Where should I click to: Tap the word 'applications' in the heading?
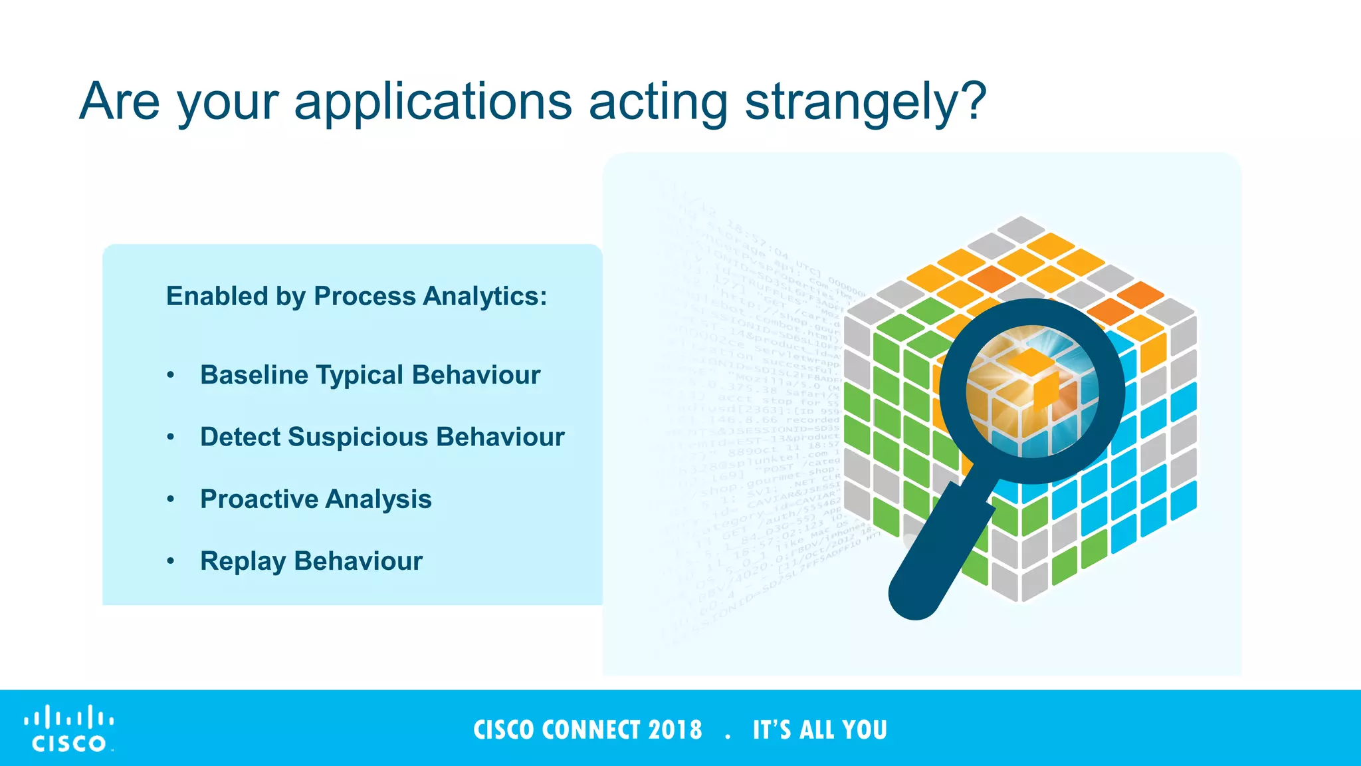coord(433,103)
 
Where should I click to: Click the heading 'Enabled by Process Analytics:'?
coord(356,297)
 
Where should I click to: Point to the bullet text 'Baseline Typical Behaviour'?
coord(370,375)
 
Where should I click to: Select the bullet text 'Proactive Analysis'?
coord(316,499)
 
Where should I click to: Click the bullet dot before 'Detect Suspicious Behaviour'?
coord(171,438)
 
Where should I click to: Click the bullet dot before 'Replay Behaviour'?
coord(171,562)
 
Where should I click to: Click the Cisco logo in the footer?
coord(69,729)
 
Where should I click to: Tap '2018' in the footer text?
coord(675,730)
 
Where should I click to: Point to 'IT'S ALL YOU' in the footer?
coord(819,730)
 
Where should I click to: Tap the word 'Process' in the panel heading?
coord(364,297)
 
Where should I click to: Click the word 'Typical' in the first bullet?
coord(360,375)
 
